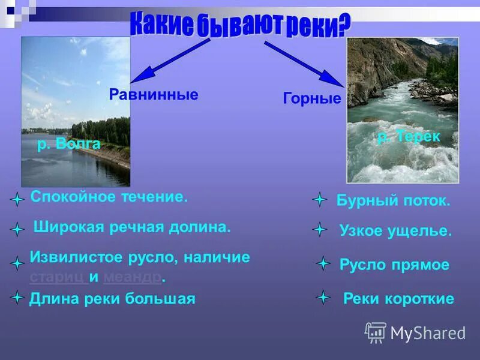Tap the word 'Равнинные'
pyautogui.click(x=154, y=95)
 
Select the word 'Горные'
pyautogui.click(x=312, y=98)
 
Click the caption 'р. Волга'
pyautogui.click(x=68, y=145)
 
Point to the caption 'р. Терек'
pyautogui.click(x=409, y=137)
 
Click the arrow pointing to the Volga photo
pyautogui.click(x=169, y=60)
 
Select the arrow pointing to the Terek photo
pyautogui.click(x=303, y=64)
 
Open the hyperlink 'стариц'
pyautogui.click(x=57, y=277)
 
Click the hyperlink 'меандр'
pyautogui.click(x=133, y=277)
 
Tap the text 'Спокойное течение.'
pyautogui.click(x=109, y=197)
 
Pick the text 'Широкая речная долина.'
pyautogui.click(x=132, y=227)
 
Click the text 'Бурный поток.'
pyautogui.click(x=394, y=201)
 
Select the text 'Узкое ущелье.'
pyautogui.click(x=395, y=231)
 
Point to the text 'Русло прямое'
pyautogui.click(x=394, y=265)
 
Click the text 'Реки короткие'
pyautogui.click(x=398, y=299)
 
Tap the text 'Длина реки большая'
pyautogui.click(x=112, y=298)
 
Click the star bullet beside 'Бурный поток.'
pyautogui.click(x=320, y=200)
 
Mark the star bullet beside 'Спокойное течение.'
pyautogui.click(x=17, y=199)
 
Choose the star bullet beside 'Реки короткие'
pyautogui.click(x=323, y=297)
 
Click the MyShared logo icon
pyautogui.click(x=376, y=332)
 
